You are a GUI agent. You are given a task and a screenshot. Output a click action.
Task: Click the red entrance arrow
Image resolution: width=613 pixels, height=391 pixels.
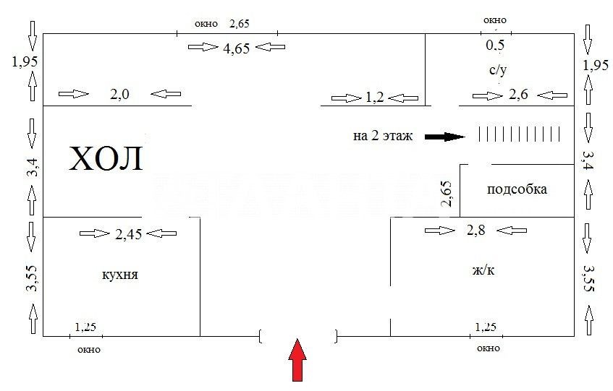(297, 360)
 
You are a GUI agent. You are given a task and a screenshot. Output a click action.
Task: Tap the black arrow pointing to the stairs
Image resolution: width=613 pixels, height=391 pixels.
(445, 137)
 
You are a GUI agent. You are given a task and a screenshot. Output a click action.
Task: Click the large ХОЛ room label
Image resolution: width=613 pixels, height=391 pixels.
(106, 159)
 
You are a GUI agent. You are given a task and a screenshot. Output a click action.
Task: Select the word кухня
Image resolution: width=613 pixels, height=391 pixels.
(120, 275)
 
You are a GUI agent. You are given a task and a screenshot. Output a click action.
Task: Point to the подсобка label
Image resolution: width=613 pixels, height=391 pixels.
(517, 189)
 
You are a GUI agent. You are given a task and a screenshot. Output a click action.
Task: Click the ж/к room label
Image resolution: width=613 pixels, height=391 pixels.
(483, 270)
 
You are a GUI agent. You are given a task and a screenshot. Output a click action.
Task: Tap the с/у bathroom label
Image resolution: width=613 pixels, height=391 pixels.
(498, 70)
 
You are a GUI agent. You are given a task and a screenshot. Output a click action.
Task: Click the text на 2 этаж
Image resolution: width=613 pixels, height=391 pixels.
(383, 136)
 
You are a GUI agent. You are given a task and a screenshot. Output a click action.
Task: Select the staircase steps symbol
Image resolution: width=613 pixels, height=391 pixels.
(520, 134)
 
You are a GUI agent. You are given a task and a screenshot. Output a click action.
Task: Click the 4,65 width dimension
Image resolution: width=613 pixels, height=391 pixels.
(237, 48)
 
